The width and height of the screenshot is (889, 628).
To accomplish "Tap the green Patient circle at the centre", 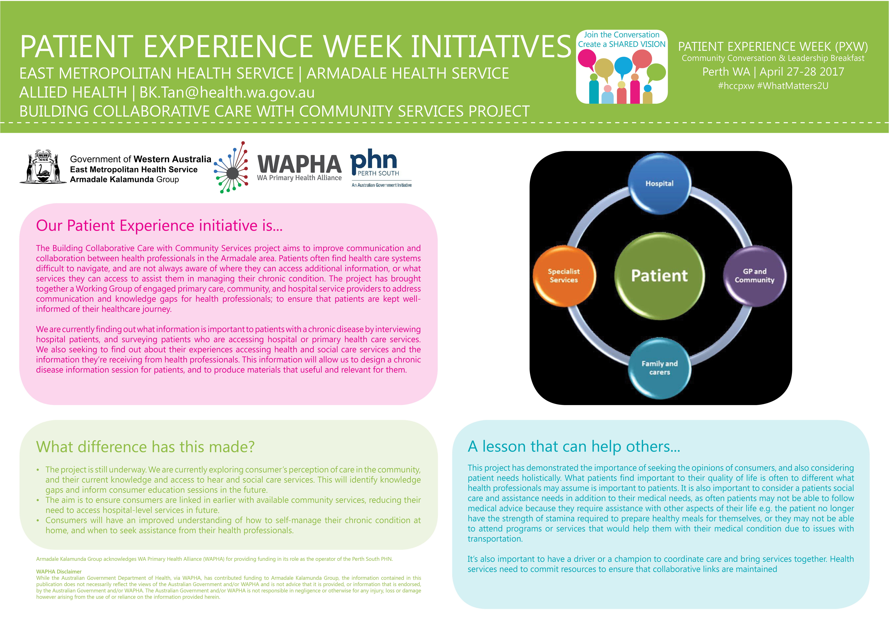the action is (659, 275).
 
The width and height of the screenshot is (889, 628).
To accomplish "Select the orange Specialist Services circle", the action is (564, 275).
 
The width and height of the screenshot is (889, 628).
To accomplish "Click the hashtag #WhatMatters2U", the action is (793, 86).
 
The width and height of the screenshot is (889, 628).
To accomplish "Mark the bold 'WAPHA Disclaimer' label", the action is (59, 572).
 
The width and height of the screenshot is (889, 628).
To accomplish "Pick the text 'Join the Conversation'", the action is (621, 35).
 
